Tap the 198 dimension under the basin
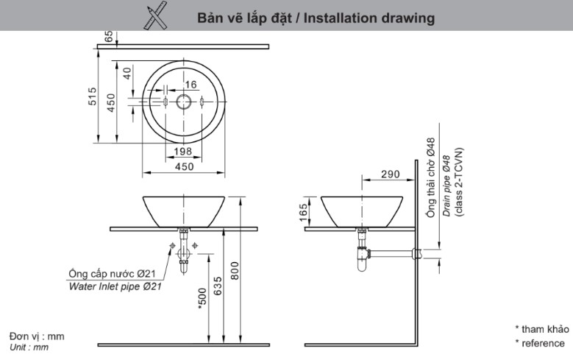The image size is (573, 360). click(183, 152)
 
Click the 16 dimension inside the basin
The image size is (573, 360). click(191, 85)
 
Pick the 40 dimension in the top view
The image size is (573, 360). click(127, 74)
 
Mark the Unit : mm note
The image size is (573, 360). click(29, 347)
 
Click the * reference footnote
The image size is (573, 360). click(540, 344)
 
